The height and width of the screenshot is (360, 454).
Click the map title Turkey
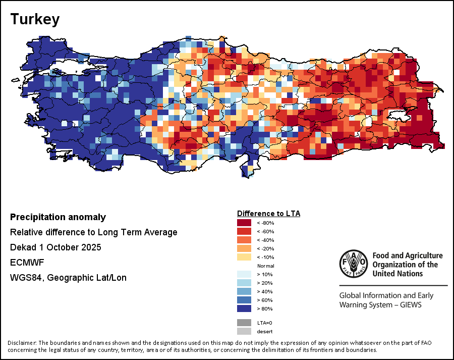point(35,19)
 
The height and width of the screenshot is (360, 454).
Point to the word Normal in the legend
point(265,266)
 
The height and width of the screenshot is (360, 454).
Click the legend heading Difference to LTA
point(268,214)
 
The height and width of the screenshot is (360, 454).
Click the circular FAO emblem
point(353,264)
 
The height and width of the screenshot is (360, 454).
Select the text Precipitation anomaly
point(58,217)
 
